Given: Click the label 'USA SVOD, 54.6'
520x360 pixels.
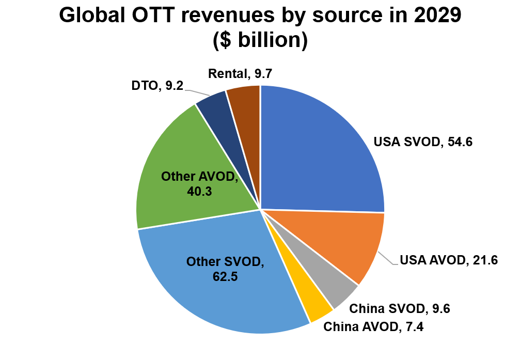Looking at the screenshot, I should click(x=423, y=142).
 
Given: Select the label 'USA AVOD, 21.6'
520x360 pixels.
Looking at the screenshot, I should click(x=449, y=260).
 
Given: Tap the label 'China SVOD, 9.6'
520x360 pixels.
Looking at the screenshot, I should click(x=400, y=309).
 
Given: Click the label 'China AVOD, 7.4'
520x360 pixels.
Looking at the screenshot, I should click(x=373, y=327).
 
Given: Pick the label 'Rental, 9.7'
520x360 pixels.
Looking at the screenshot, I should click(x=240, y=73).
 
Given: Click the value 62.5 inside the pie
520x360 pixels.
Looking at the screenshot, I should click(x=225, y=276).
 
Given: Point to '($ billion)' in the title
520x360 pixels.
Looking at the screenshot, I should click(x=260, y=40).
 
